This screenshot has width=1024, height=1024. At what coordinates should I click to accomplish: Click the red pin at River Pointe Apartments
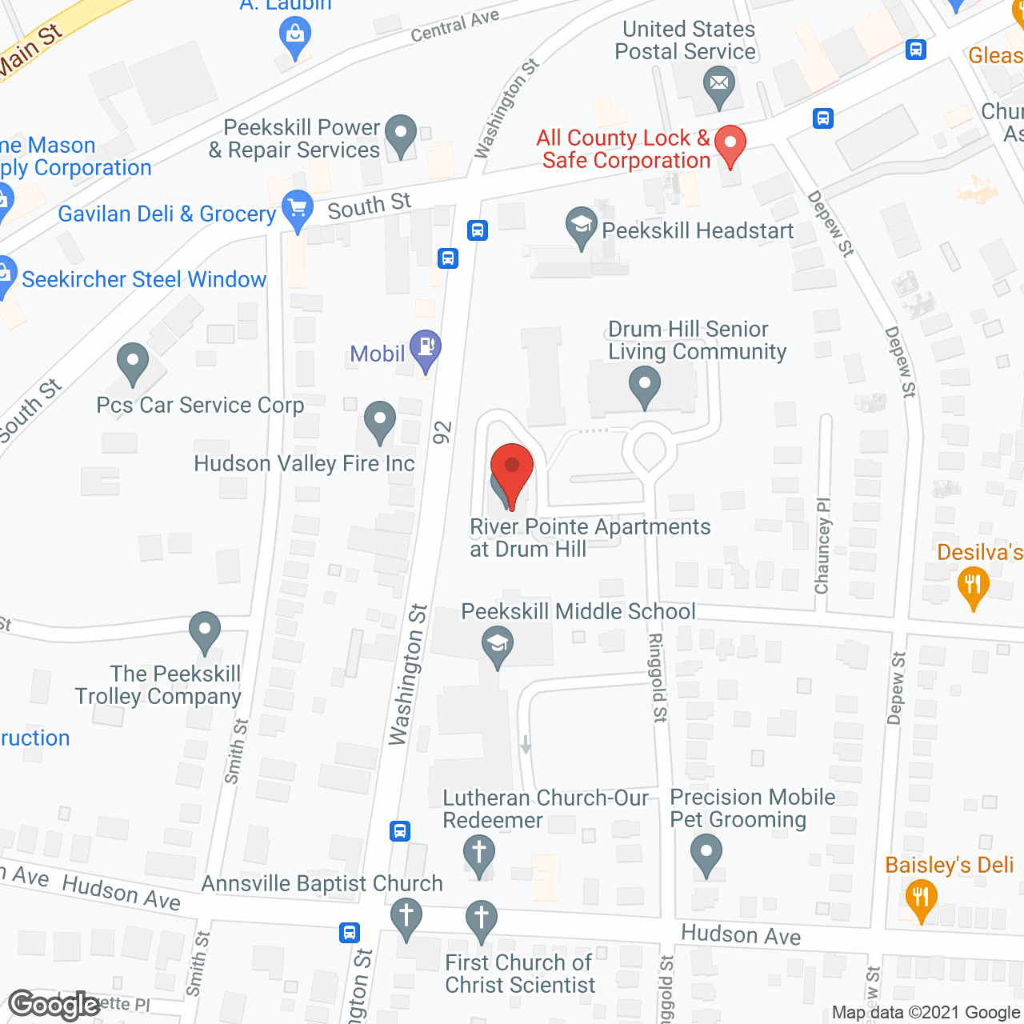511,467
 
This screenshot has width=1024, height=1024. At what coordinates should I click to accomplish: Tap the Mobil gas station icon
426,348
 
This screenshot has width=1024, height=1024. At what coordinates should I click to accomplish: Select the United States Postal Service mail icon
719,84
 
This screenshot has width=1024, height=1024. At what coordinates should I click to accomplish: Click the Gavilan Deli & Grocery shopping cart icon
298,210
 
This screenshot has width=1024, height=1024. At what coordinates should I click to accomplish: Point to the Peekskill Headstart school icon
581,226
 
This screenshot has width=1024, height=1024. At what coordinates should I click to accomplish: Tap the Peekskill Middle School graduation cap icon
498,644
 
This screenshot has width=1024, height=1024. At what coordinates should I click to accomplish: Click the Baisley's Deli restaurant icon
921,897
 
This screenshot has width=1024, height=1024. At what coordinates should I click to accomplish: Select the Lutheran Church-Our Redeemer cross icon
479,852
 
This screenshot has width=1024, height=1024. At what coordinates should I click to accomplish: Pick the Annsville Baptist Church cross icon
406,915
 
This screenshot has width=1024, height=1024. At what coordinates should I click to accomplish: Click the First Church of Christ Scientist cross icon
481,918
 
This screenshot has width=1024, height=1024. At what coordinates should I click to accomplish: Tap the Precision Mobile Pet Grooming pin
706,851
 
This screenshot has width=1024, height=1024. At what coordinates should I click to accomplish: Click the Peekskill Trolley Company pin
205,630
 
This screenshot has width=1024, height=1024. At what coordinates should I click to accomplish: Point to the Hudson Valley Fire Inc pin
380,420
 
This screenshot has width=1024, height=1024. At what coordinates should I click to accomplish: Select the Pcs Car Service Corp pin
133,362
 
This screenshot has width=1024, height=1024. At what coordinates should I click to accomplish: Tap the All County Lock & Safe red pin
730,144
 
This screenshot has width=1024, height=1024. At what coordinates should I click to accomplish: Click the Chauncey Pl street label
822,546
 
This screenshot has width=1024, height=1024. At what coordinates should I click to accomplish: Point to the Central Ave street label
454,26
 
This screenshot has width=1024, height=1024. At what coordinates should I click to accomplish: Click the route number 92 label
442,432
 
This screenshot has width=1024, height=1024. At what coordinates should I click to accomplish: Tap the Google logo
54,1005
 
